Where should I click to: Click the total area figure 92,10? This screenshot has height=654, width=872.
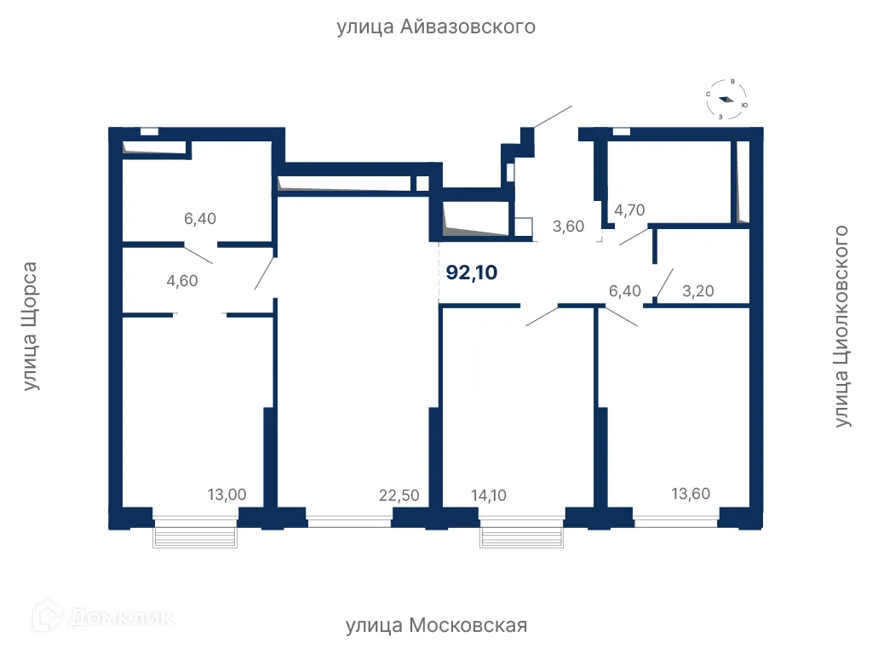472,272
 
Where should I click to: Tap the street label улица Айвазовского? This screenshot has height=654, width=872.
436,26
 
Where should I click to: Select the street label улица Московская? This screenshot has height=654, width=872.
437,626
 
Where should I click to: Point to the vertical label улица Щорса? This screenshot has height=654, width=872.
30,326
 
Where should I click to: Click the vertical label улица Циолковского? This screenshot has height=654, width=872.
842,326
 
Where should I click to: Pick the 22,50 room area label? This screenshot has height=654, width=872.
399,495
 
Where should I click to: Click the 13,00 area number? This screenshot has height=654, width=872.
227,495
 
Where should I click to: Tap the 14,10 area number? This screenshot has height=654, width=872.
489,495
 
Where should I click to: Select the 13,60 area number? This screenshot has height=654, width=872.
691,493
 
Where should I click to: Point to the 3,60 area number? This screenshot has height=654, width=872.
568,227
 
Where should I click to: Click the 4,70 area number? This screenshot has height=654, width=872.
629,210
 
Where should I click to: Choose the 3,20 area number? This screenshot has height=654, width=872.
698,291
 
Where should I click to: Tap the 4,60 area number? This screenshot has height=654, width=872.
182,281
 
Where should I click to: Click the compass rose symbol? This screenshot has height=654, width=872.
726,100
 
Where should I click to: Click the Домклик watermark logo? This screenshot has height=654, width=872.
103,617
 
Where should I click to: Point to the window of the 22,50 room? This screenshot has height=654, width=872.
349,522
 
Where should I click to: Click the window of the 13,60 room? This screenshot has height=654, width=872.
675,522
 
